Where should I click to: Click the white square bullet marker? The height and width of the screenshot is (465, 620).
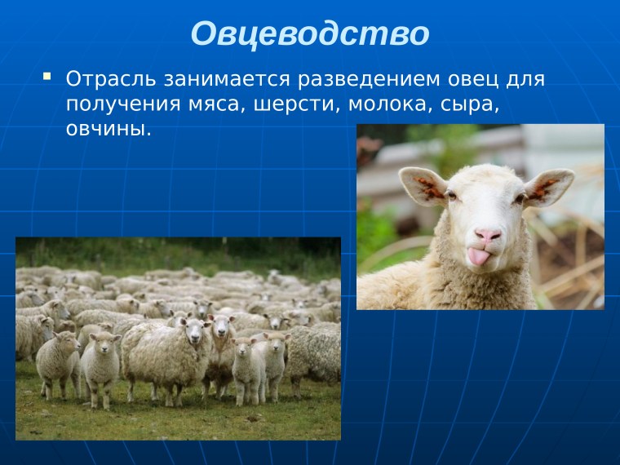[46, 77]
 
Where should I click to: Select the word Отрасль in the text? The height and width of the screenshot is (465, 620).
[111, 81]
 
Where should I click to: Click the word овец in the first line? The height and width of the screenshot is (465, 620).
[472, 81]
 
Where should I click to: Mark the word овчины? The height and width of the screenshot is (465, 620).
[108, 129]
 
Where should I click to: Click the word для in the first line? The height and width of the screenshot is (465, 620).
[527, 81]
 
